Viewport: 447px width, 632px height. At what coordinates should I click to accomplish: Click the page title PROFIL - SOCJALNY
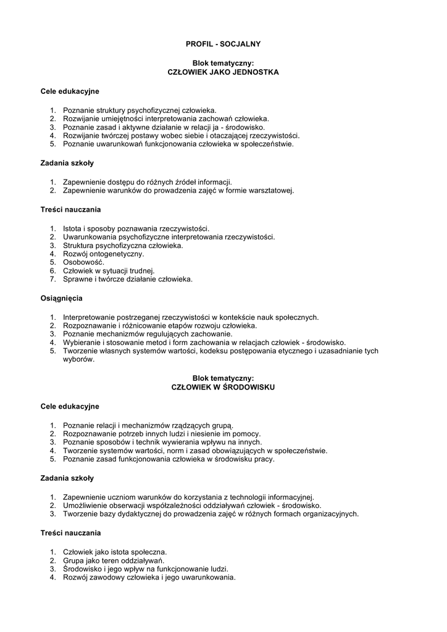[223, 44]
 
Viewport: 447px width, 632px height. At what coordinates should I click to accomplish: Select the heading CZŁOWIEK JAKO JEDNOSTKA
[223, 72]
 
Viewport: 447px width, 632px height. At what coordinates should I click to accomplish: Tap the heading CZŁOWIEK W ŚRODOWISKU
[223, 387]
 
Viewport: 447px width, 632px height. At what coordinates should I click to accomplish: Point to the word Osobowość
[83, 262]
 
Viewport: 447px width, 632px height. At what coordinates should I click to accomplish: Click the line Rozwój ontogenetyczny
[103, 254]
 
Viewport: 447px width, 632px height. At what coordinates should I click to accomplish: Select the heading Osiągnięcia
[62, 298]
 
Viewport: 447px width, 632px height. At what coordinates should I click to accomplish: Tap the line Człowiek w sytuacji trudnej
[109, 270]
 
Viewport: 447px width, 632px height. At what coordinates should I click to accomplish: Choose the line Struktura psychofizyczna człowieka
[123, 246]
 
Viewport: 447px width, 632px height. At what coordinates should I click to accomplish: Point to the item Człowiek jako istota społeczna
[115, 552]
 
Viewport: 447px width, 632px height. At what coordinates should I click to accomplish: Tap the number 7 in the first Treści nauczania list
[53, 279]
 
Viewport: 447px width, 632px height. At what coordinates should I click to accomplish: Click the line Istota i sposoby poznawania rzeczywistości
[136, 228]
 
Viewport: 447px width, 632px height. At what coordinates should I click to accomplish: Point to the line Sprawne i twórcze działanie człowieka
[128, 279]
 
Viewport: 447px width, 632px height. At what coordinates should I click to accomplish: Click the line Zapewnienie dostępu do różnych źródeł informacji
[148, 182]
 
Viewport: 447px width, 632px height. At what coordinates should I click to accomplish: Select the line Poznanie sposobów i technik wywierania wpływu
[162, 443]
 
